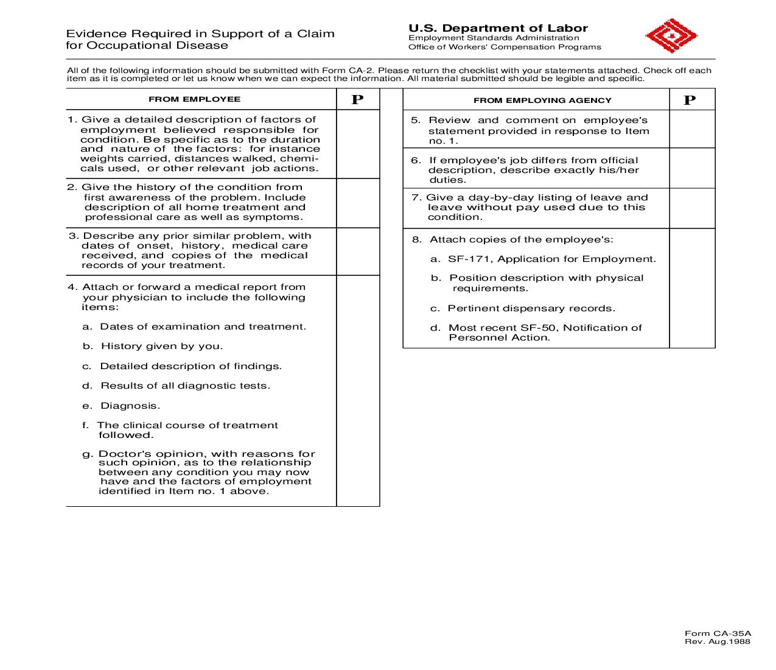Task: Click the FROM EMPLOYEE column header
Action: [194, 99]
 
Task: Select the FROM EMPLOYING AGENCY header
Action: [542, 100]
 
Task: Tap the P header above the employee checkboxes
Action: [357, 100]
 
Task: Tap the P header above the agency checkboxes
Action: [689, 100]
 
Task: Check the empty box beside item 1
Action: [358, 144]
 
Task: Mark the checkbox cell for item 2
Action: [358, 203]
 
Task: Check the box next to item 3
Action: [358, 251]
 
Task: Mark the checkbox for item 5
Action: [692, 129]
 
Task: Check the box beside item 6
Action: [692, 168]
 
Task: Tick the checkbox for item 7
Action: [692, 208]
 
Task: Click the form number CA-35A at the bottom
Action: [718, 633]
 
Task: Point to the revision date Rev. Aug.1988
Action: [718, 641]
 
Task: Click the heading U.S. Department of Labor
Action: [498, 28]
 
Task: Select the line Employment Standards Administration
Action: [494, 38]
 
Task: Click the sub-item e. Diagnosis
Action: [122, 406]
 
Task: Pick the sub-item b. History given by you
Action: [153, 346]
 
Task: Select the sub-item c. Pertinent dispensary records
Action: [523, 308]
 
